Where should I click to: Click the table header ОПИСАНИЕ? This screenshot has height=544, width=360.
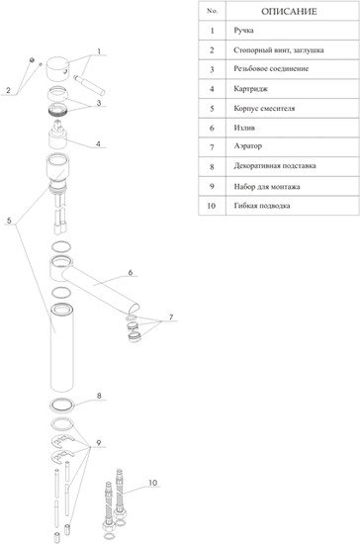coord(289,12)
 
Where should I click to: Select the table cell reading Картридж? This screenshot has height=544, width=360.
coord(251,89)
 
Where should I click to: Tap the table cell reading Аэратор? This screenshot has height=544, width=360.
coord(247,146)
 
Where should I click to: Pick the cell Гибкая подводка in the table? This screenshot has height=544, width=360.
coord(262,206)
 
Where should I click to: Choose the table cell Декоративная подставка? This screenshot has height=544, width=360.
coord(275,166)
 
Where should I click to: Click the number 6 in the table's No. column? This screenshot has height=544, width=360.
coord(212,128)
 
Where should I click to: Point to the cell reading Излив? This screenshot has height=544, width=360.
coord(244,128)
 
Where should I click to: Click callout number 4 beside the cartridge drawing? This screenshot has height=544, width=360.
coord(99,143)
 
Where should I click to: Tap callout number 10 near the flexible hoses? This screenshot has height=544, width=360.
coord(152,483)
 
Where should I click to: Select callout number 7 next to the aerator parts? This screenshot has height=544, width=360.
coord(171,317)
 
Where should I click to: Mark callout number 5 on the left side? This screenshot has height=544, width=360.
coord(9,221)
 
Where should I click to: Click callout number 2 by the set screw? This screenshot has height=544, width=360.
coord(8,91)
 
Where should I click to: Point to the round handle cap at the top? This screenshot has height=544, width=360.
coord(57,69)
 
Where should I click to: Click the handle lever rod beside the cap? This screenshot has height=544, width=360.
coord(89,86)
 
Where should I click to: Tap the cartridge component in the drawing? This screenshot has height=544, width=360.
coord(57,135)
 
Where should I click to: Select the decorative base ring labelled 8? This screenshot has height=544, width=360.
coord(62,405)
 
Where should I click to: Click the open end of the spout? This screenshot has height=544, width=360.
coord(135,308)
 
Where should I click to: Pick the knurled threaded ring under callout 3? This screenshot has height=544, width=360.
coord(57,110)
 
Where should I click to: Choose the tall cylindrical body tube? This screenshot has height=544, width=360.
coord(61,348)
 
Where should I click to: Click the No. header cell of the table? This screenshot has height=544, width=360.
coord(212,11)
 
